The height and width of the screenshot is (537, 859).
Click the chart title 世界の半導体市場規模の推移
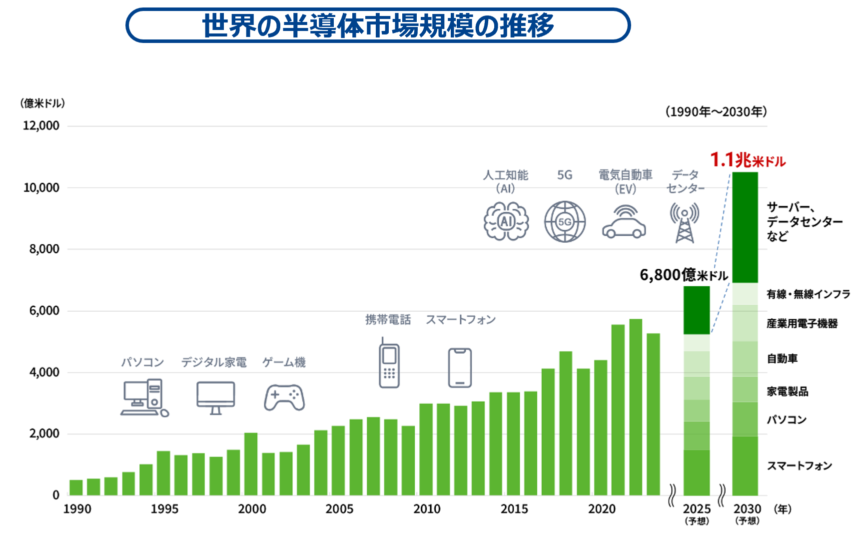coord(378,25)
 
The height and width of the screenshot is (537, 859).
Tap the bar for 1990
coord(76,488)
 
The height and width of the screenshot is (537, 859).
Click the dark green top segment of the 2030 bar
coord(745,227)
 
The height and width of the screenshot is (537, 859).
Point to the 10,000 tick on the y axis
coord(41,188)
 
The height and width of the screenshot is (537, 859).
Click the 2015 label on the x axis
coord(514,509)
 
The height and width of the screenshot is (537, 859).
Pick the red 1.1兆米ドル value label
coord(748,160)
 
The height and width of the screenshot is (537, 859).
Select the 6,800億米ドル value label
coord(684,275)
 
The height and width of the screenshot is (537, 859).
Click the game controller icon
coord(284,397)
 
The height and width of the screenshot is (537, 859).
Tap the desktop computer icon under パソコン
coord(144,398)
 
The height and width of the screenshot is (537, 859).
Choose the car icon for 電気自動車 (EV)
coord(624,222)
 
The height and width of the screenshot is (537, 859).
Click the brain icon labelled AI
coord(506,222)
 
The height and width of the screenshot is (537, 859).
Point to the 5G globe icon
coord(565,222)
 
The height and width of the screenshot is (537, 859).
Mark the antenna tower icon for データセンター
coord(685,222)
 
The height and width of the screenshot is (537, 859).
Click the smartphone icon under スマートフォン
coord(460,368)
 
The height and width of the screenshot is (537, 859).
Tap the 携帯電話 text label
coord(388,320)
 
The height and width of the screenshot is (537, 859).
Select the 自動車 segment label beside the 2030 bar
coord(782,359)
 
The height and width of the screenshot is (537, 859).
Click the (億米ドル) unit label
coord(42,103)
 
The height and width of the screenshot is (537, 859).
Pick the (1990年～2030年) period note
coord(716,112)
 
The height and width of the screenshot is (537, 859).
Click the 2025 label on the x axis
coord(697,509)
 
